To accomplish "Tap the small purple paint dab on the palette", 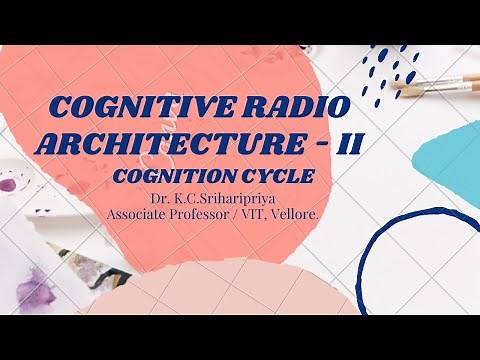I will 36,184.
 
